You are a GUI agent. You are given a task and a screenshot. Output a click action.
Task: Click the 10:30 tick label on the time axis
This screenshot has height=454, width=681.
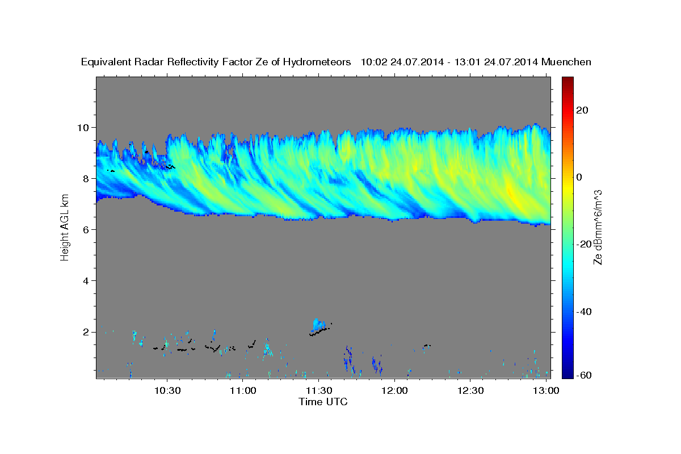tap(167, 390)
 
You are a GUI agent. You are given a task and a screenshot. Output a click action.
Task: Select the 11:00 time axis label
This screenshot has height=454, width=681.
tap(243, 390)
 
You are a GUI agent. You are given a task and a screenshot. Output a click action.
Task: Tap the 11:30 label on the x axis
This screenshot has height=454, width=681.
tap(319, 390)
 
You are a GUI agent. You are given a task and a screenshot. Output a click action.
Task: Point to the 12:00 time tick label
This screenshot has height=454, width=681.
tap(394, 390)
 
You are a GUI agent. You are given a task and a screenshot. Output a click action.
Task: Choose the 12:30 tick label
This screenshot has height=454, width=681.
tap(470, 390)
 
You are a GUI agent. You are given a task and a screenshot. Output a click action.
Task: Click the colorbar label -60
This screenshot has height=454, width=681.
tap(582, 376)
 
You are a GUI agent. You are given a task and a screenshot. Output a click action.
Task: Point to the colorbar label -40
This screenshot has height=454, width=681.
tap(582, 312)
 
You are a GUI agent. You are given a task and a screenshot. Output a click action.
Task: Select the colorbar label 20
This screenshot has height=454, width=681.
tap(581, 110)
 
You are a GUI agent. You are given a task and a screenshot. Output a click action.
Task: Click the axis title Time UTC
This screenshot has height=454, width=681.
tap(323, 402)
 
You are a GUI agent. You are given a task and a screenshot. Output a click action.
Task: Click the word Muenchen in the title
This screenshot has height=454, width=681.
tap(567, 62)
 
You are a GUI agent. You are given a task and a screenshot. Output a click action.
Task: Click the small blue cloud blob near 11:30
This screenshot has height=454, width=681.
tap(320, 325)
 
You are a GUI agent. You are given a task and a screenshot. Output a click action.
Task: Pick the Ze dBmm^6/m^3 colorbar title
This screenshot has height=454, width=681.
tap(598, 226)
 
